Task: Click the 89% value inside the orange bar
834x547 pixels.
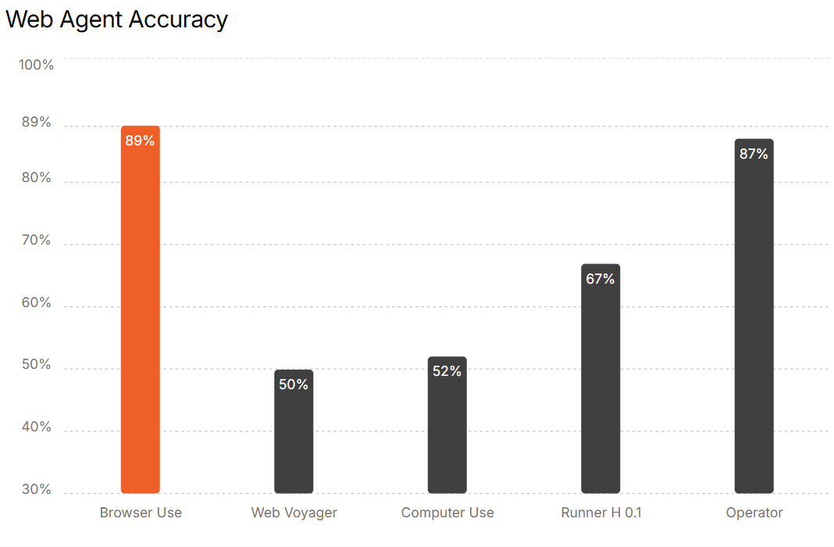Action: (141, 141)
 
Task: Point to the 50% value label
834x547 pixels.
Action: (294, 384)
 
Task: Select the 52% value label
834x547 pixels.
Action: (447, 371)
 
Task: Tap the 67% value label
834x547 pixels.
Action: (601, 279)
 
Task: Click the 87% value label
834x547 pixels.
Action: (754, 154)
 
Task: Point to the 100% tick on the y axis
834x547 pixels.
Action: (37, 65)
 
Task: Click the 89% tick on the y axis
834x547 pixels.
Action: (37, 123)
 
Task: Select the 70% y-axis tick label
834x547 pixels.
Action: (37, 241)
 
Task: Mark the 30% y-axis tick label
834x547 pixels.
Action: (37, 490)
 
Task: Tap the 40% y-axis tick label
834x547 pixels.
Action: (37, 427)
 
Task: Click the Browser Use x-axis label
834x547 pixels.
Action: (141, 513)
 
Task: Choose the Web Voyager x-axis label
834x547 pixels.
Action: (294, 513)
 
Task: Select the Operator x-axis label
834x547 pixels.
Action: (754, 513)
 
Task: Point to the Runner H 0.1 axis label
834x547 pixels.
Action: (601, 513)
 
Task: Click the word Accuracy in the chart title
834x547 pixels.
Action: (179, 20)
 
